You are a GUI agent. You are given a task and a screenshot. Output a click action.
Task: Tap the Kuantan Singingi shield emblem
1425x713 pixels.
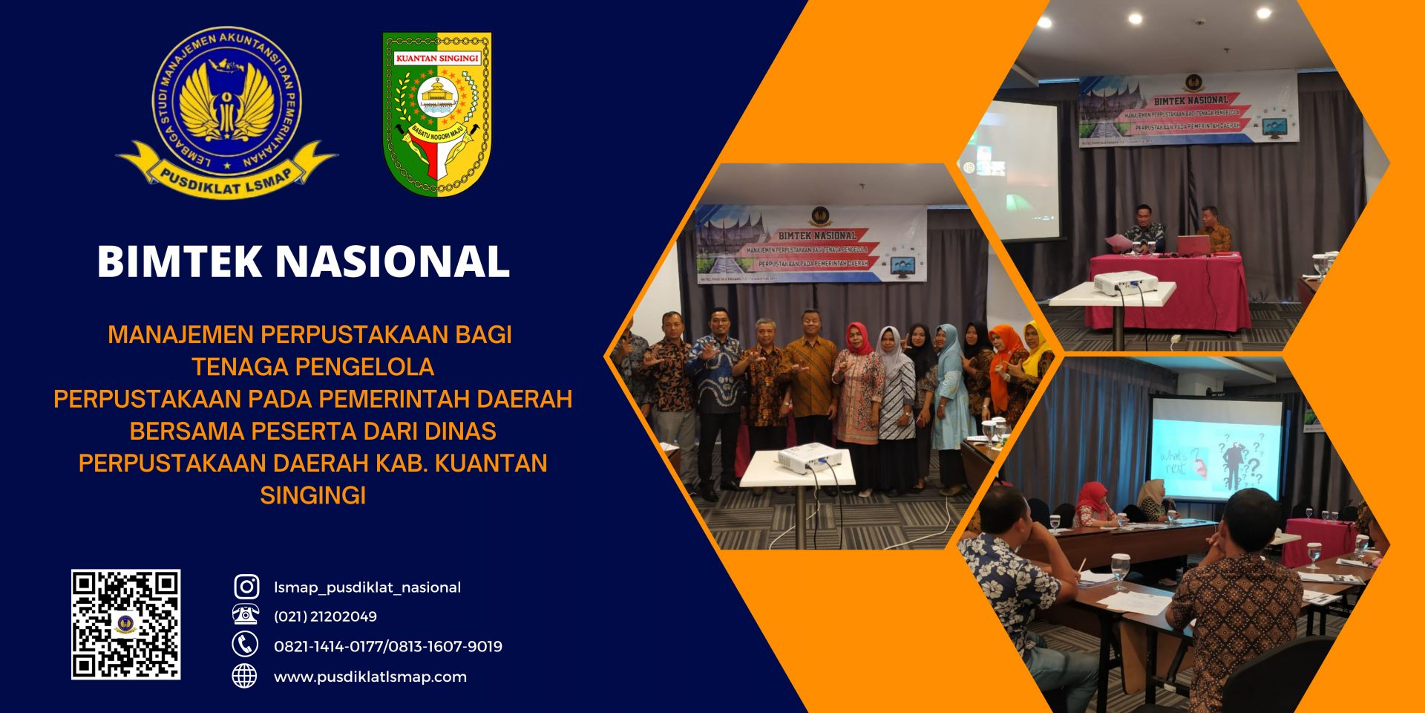[x=437, y=113]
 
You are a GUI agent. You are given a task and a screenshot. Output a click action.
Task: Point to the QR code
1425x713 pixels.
[x=125, y=624]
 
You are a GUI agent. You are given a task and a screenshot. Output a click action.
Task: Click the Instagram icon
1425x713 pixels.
[x=246, y=587]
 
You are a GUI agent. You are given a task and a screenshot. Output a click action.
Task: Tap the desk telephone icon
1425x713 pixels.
[x=246, y=615]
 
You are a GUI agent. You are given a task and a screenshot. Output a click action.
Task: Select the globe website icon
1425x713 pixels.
[x=245, y=676]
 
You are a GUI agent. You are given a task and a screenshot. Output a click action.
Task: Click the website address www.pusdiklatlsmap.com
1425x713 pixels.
[x=370, y=677]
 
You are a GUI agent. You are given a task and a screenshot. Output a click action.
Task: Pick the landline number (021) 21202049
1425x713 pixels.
[x=325, y=616]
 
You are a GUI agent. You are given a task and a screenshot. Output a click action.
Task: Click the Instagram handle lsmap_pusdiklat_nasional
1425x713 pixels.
[x=367, y=587]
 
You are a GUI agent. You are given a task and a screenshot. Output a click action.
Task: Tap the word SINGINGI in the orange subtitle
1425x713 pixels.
[x=312, y=495]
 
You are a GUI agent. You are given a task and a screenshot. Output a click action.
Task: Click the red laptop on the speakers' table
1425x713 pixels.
[x=1193, y=244]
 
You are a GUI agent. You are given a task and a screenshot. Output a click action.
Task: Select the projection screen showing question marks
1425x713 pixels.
[x=1216, y=449]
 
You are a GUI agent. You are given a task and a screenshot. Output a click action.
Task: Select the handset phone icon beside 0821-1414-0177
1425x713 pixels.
[x=245, y=644]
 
